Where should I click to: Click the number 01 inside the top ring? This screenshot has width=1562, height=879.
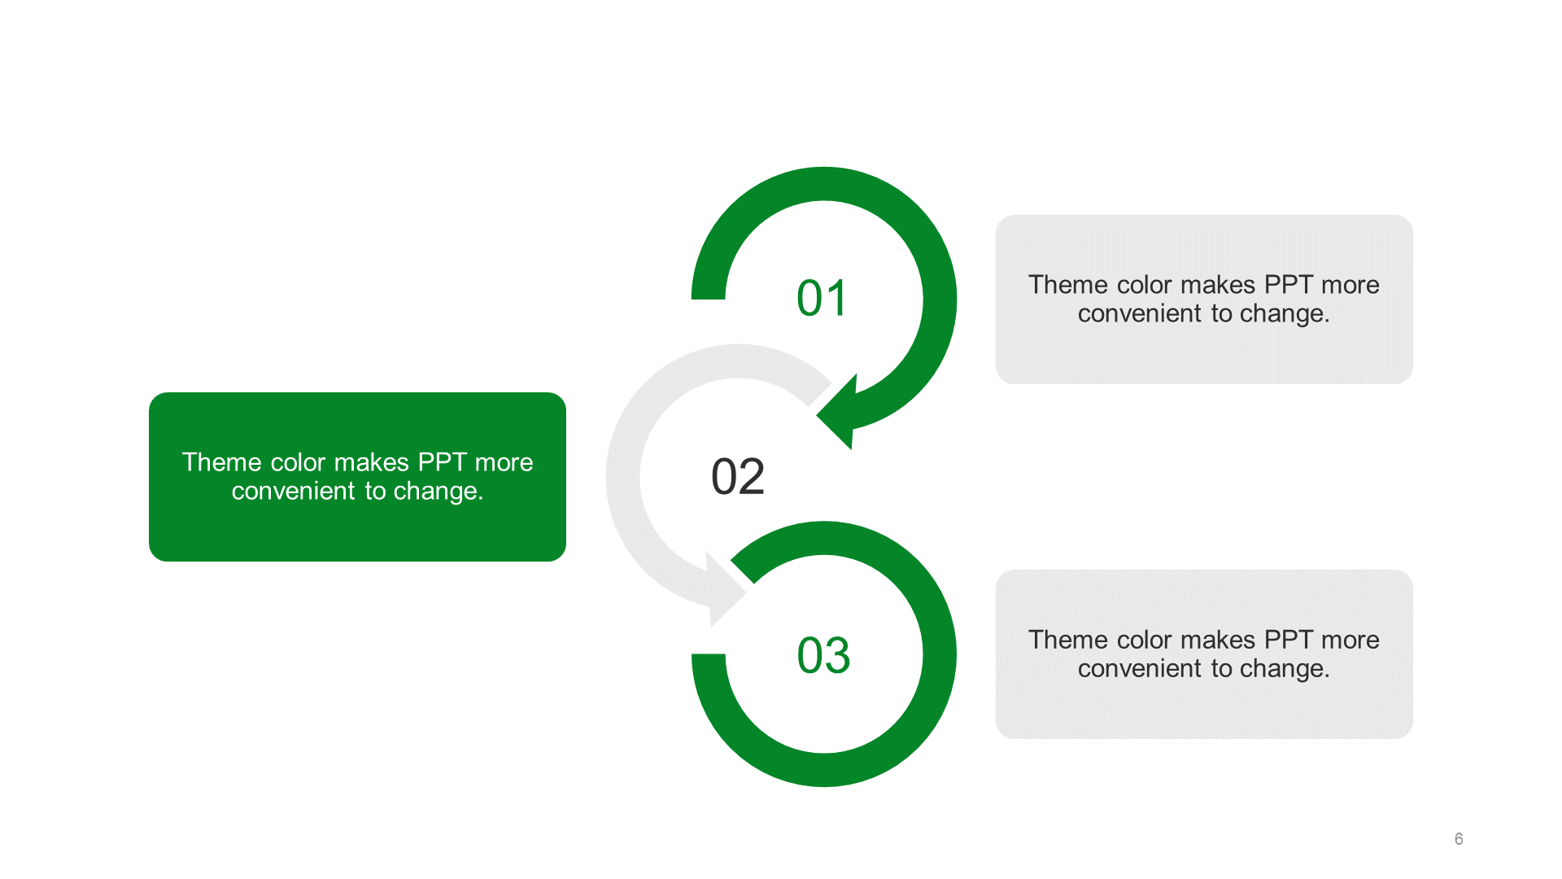point(822,298)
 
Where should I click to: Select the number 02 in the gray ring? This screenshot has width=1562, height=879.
point(738,476)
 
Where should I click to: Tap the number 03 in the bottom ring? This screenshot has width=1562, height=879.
point(823,655)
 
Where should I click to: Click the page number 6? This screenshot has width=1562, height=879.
point(1459,839)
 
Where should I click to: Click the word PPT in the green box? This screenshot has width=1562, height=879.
point(442,462)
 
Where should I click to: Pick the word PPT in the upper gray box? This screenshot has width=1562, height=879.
point(1289,285)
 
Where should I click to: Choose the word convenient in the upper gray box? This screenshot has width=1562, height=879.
point(1140,313)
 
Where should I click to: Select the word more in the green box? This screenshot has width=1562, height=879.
point(504,462)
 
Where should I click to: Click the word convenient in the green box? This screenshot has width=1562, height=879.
point(294,491)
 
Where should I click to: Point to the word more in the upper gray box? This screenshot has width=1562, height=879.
point(1350,285)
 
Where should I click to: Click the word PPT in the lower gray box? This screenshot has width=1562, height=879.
point(1289,640)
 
